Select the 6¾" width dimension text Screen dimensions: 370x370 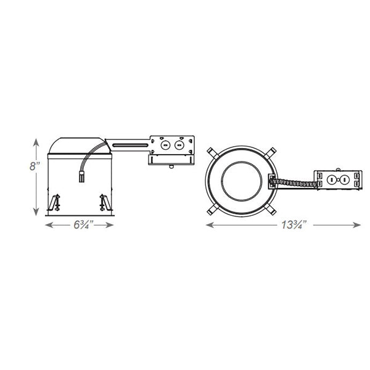pyautogui.click(x=81, y=224)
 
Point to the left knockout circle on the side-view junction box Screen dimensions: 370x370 pyautogui.click(x=165, y=145)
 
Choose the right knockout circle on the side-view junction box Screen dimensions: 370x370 pyautogui.click(x=179, y=145)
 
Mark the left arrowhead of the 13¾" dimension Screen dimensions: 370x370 pyautogui.click(x=207, y=225)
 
